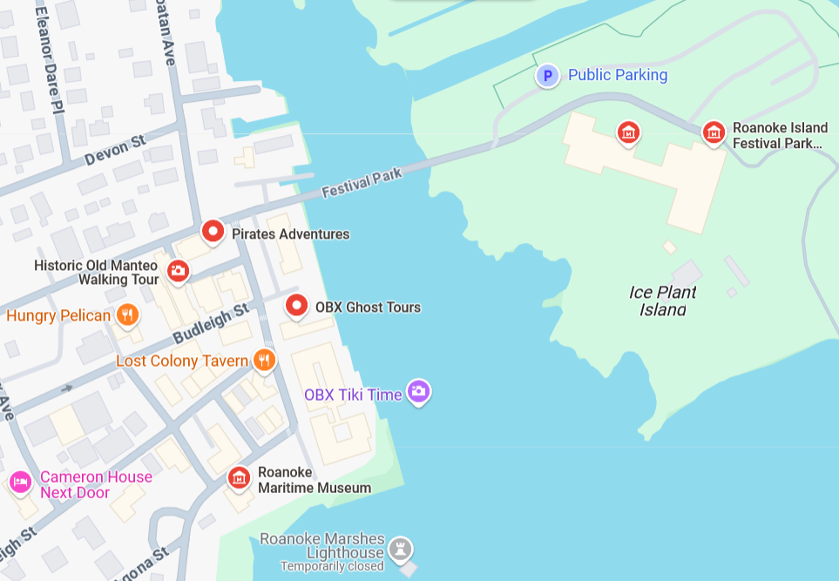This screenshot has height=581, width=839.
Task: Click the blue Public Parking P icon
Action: [x=547, y=76]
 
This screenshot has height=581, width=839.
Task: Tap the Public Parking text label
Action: [x=617, y=75]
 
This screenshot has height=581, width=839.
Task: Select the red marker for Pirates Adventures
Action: [x=213, y=232]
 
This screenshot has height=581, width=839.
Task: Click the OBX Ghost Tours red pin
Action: [x=297, y=306]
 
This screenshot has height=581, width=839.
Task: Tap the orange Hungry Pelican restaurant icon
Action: [x=128, y=314]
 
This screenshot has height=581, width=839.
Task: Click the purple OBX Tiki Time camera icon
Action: [x=419, y=392]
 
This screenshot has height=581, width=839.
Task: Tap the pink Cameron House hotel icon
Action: [x=20, y=482]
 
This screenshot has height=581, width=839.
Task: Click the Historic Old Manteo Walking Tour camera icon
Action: [x=178, y=271]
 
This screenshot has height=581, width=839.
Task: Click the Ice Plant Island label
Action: [x=663, y=301]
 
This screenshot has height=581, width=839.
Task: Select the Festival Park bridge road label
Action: [x=362, y=182]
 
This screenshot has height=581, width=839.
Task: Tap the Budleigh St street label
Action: [x=211, y=323]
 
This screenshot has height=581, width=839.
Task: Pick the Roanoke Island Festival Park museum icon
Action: [x=714, y=132]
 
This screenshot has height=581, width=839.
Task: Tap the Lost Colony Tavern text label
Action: [x=182, y=361]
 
